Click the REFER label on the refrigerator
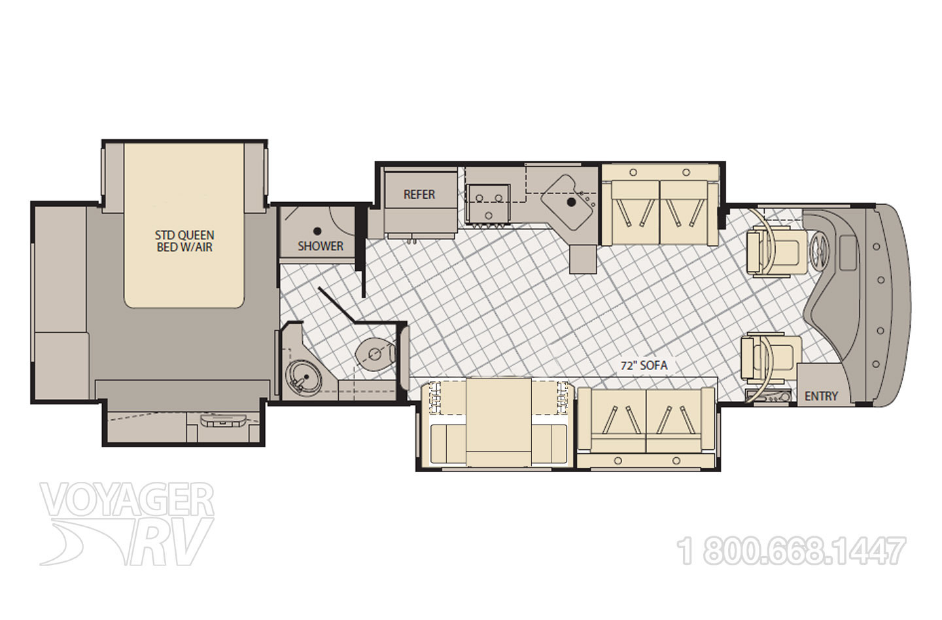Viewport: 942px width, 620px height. pos(419,194)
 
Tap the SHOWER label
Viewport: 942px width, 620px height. pos(321,246)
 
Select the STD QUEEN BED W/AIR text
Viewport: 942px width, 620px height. pos(184,241)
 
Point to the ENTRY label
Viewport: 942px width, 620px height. pos(821,396)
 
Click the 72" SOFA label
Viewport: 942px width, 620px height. pos(644,366)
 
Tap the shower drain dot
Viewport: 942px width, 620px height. pos(317,231)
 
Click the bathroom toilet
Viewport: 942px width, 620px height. pos(375,354)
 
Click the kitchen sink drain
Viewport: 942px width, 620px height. pos(570,202)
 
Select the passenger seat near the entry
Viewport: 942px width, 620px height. pos(772,358)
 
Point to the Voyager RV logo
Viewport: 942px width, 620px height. pos(127,524)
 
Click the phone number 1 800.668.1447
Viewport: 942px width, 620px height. pos(791,551)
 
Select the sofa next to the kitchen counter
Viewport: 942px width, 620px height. pos(660,205)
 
